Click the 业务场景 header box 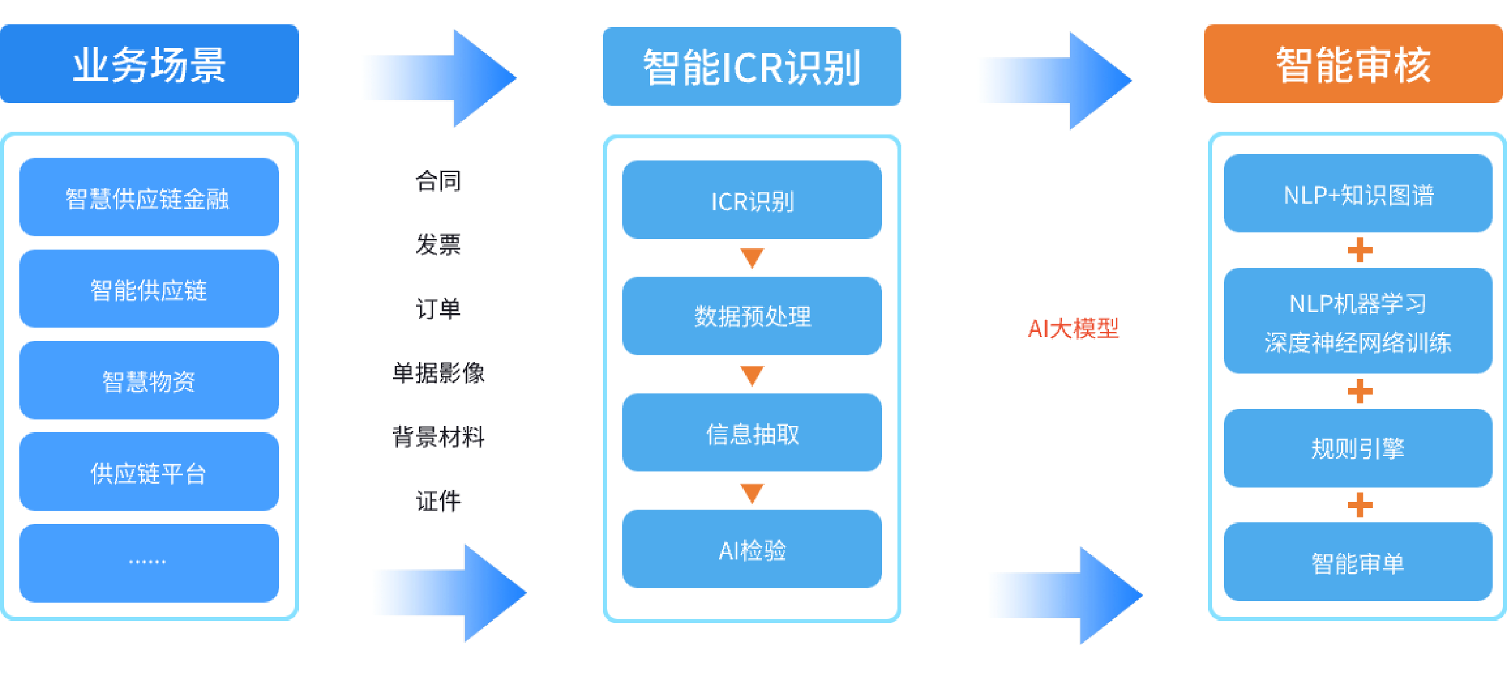click(149, 64)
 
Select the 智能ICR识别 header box click(752, 66)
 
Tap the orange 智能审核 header click(1353, 64)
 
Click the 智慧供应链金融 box click(149, 198)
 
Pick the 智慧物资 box click(149, 381)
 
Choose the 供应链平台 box click(149, 472)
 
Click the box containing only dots click(149, 563)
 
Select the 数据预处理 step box click(752, 316)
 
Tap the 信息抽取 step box click(752, 433)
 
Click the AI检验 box click(752, 549)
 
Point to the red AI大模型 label click(1073, 328)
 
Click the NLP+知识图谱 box click(1358, 194)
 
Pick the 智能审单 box click(1358, 562)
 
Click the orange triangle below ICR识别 click(752, 258)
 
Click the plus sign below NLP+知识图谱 click(1359, 250)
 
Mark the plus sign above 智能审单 click(1359, 505)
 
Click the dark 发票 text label click(438, 244)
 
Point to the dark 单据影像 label click(438, 372)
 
